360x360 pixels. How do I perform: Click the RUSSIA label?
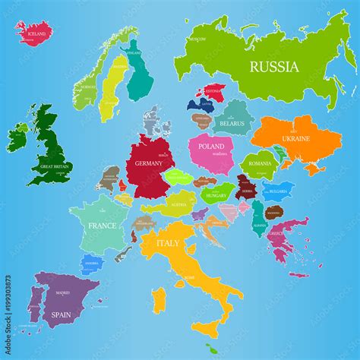point(274,67)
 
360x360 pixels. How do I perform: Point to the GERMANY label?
point(149,163)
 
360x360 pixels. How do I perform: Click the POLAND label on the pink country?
point(211,145)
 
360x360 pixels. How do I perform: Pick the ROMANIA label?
point(260,163)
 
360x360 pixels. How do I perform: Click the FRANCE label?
point(102,226)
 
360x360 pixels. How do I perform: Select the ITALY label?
point(168,244)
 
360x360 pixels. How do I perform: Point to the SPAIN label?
point(62,312)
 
